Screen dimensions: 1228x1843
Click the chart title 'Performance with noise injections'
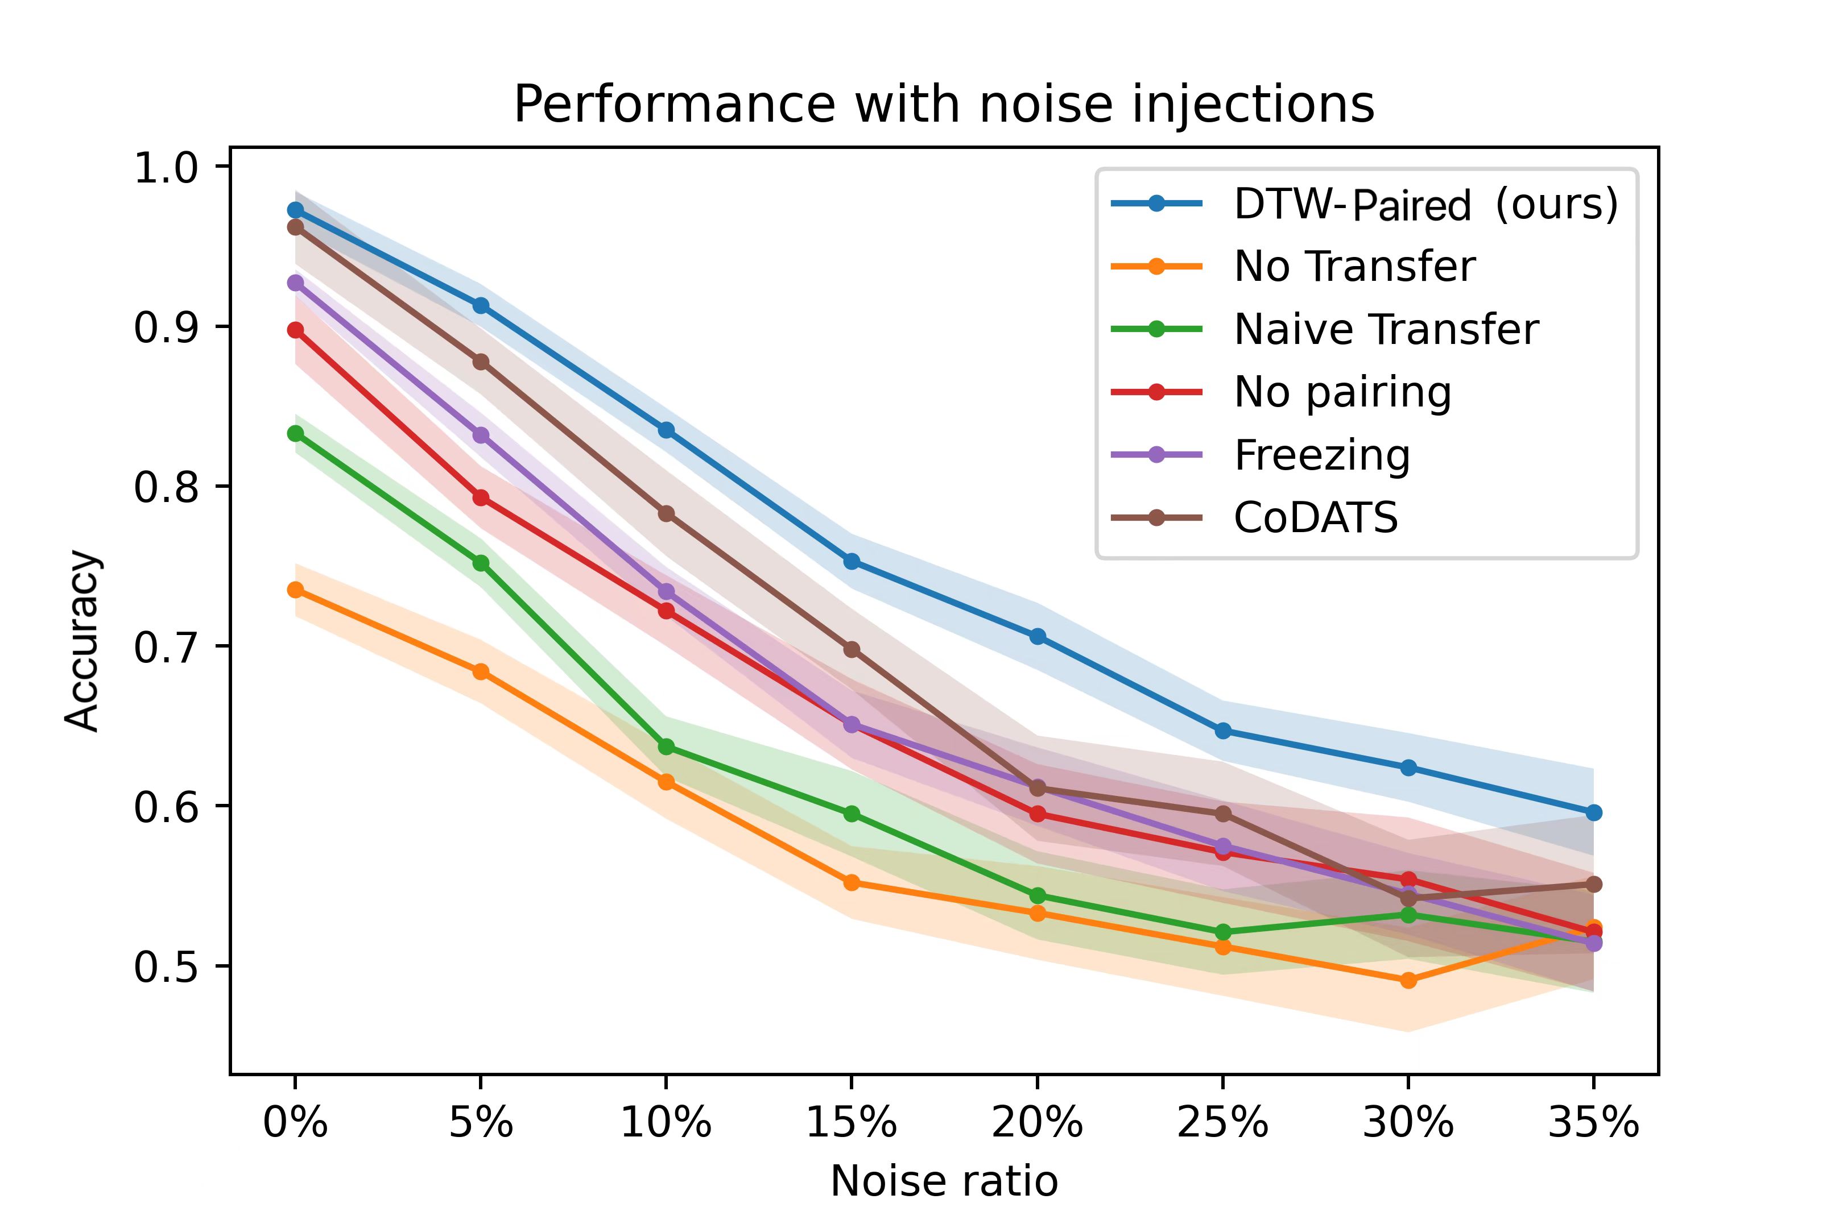point(944,104)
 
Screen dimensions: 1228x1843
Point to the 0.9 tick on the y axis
point(164,326)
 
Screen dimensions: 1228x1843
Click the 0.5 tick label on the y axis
point(164,966)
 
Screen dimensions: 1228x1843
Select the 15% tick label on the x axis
point(851,1123)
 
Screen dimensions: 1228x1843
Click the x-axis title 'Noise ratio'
point(944,1181)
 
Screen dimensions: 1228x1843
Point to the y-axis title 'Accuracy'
point(82,641)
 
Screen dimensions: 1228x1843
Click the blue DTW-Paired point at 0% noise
point(295,210)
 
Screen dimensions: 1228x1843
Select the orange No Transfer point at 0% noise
point(295,590)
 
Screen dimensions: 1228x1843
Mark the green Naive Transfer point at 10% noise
point(666,746)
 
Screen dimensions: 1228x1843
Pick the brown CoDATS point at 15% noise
point(852,649)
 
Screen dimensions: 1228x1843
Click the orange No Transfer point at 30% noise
point(1408,980)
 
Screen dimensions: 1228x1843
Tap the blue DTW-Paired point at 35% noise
point(1593,813)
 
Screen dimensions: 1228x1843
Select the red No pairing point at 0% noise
point(295,330)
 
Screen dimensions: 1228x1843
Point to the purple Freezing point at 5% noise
point(481,435)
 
